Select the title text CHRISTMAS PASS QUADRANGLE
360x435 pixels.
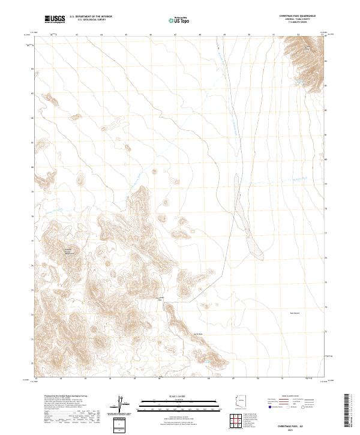coord(299,16)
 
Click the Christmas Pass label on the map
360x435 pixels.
coord(161,299)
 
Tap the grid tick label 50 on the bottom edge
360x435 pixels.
coord(258,379)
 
